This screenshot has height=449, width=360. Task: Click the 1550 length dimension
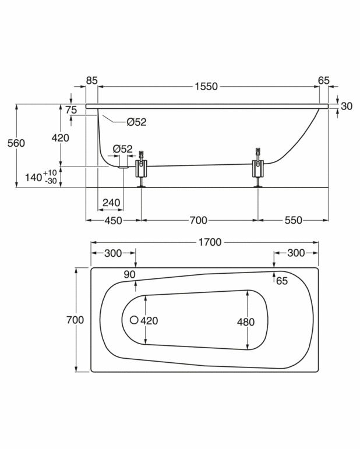[206, 87]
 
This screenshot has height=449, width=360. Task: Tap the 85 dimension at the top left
[91, 80]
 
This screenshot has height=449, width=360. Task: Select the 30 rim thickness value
[347, 106]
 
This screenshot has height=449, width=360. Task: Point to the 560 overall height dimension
[16, 143]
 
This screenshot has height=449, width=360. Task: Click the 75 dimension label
[71, 110]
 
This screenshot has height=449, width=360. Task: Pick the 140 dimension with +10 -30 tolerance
[42, 176]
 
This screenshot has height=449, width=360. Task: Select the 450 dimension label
[113, 221]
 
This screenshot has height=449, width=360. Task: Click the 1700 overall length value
[210, 242]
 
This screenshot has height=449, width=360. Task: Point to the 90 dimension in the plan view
[129, 274]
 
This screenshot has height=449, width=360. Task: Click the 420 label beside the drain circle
[149, 320]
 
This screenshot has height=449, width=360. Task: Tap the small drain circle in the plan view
[134, 320]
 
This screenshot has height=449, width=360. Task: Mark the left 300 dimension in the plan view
[113, 253]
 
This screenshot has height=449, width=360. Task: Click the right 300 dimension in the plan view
[296, 253]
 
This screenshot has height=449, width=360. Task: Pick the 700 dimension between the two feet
[199, 221]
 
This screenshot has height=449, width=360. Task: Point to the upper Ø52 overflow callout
[136, 122]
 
